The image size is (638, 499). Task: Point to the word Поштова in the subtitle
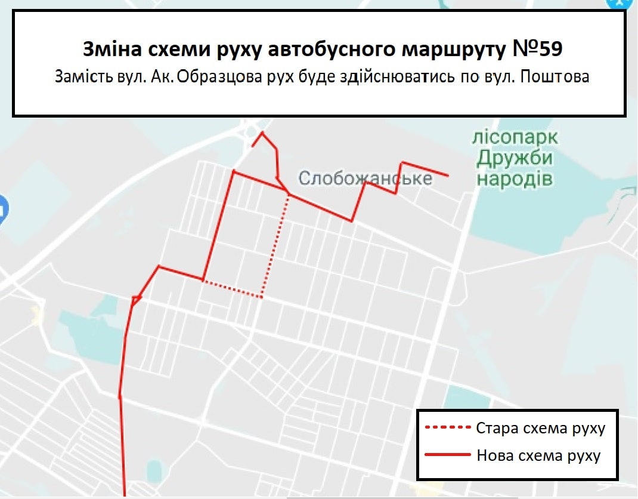(555, 78)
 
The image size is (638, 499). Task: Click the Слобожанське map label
(365, 178)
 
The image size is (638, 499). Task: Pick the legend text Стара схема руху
(541, 429)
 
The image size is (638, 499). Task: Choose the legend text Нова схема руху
(538, 455)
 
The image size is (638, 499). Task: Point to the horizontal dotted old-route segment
(233, 289)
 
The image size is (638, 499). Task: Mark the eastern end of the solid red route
(447, 175)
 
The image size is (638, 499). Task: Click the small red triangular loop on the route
(137, 299)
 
